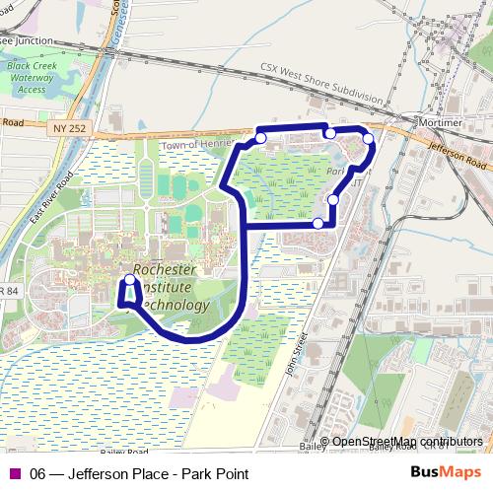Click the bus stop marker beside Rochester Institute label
(x=129, y=281)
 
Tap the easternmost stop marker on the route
(x=369, y=139)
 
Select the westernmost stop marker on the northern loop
(x=260, y=138)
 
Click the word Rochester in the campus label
(x=165, y=269)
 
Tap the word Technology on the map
(x=175, y=305)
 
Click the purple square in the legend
(x=14, y=474)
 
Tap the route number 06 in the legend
(x=38, y=474)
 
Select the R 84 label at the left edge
(x=8, y=290)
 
